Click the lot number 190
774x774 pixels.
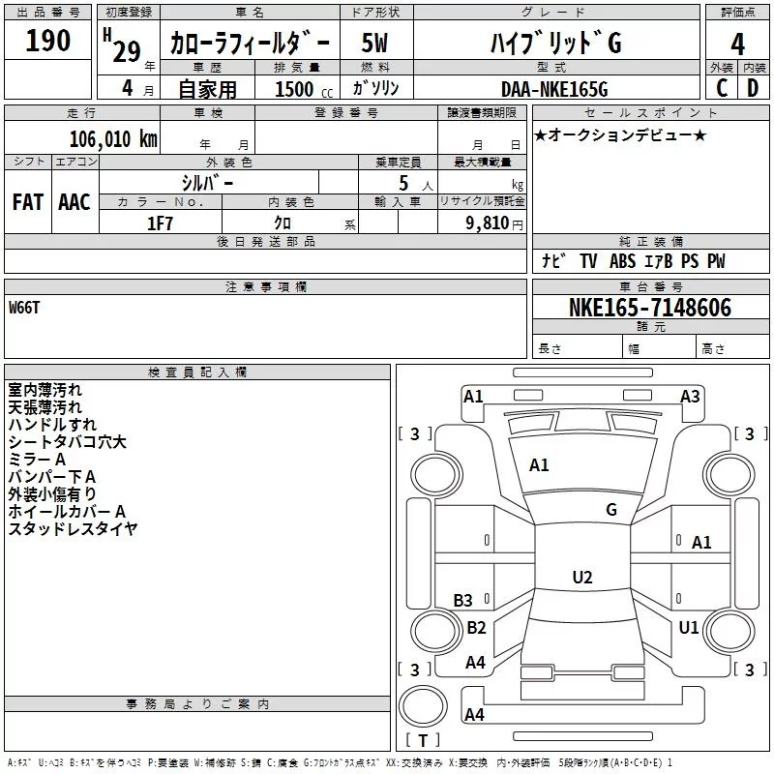pos(48,41)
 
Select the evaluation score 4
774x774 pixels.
pos(738,44)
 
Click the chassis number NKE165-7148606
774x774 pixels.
pos(650,308)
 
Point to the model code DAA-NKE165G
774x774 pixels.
pos(553,89)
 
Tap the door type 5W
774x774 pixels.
pos(375,44)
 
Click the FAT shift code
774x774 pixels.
pos(27,202)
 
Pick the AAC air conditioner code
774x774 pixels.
pos(74,202)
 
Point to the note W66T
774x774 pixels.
pos(25,308)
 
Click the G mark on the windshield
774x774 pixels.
pos(611,510)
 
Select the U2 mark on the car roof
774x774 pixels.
pos(581,578)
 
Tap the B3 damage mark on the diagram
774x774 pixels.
pos(463,601)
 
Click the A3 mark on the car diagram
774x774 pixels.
pos(690,396)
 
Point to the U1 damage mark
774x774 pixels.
pos(689,628)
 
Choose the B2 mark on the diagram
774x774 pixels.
pos(476,628)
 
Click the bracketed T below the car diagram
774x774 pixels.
pos(422,740)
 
